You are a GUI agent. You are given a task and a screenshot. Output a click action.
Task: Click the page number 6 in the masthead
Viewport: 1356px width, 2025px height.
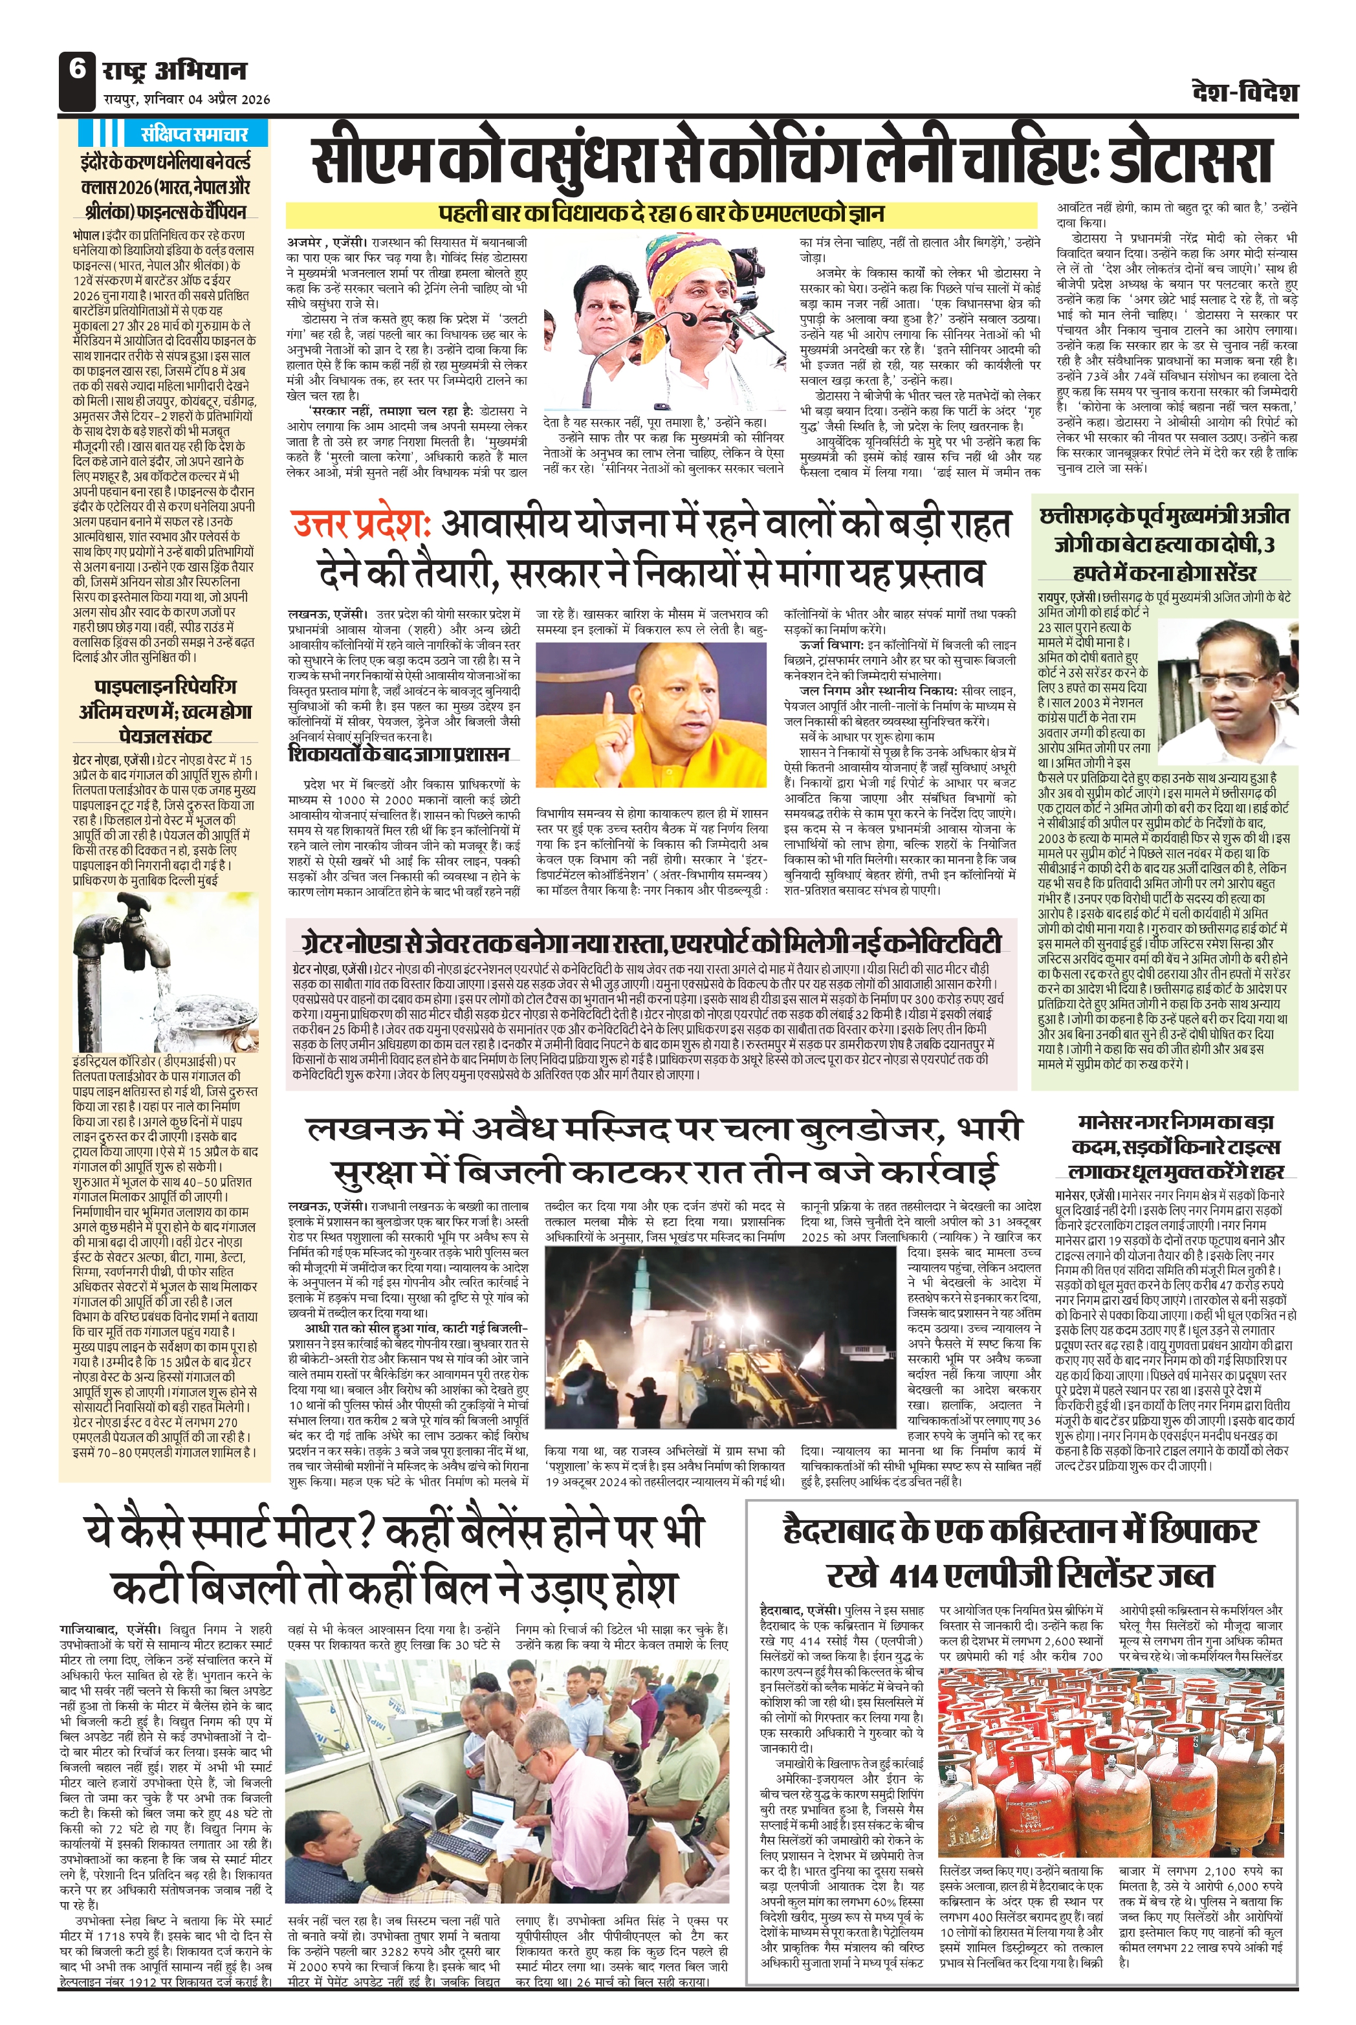point(78,70)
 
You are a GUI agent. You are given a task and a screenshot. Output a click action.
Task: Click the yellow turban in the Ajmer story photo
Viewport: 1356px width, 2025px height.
point(681,259)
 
